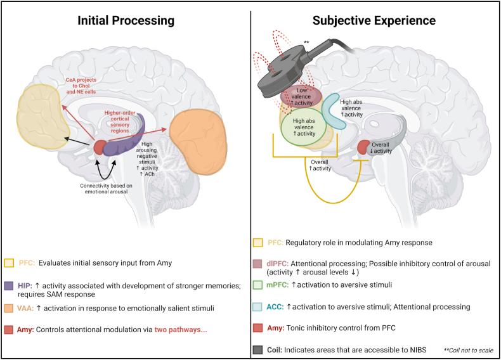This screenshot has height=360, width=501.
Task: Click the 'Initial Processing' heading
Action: (126, 20)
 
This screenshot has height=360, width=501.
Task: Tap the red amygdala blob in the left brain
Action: (101, 147)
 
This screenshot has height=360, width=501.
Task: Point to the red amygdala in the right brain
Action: (363, 147)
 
